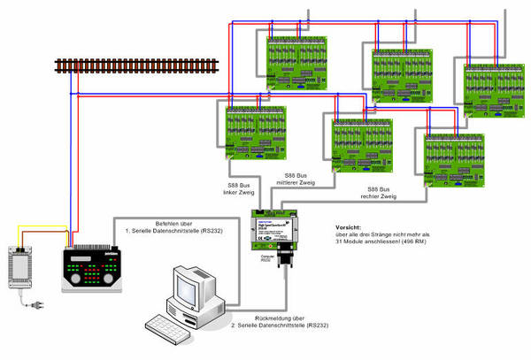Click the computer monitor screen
click(x=189, y=287)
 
